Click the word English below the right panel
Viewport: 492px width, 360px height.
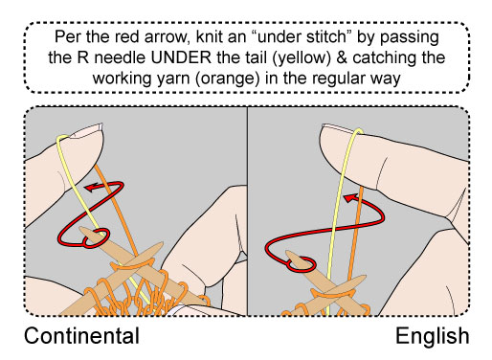[432, 336]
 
